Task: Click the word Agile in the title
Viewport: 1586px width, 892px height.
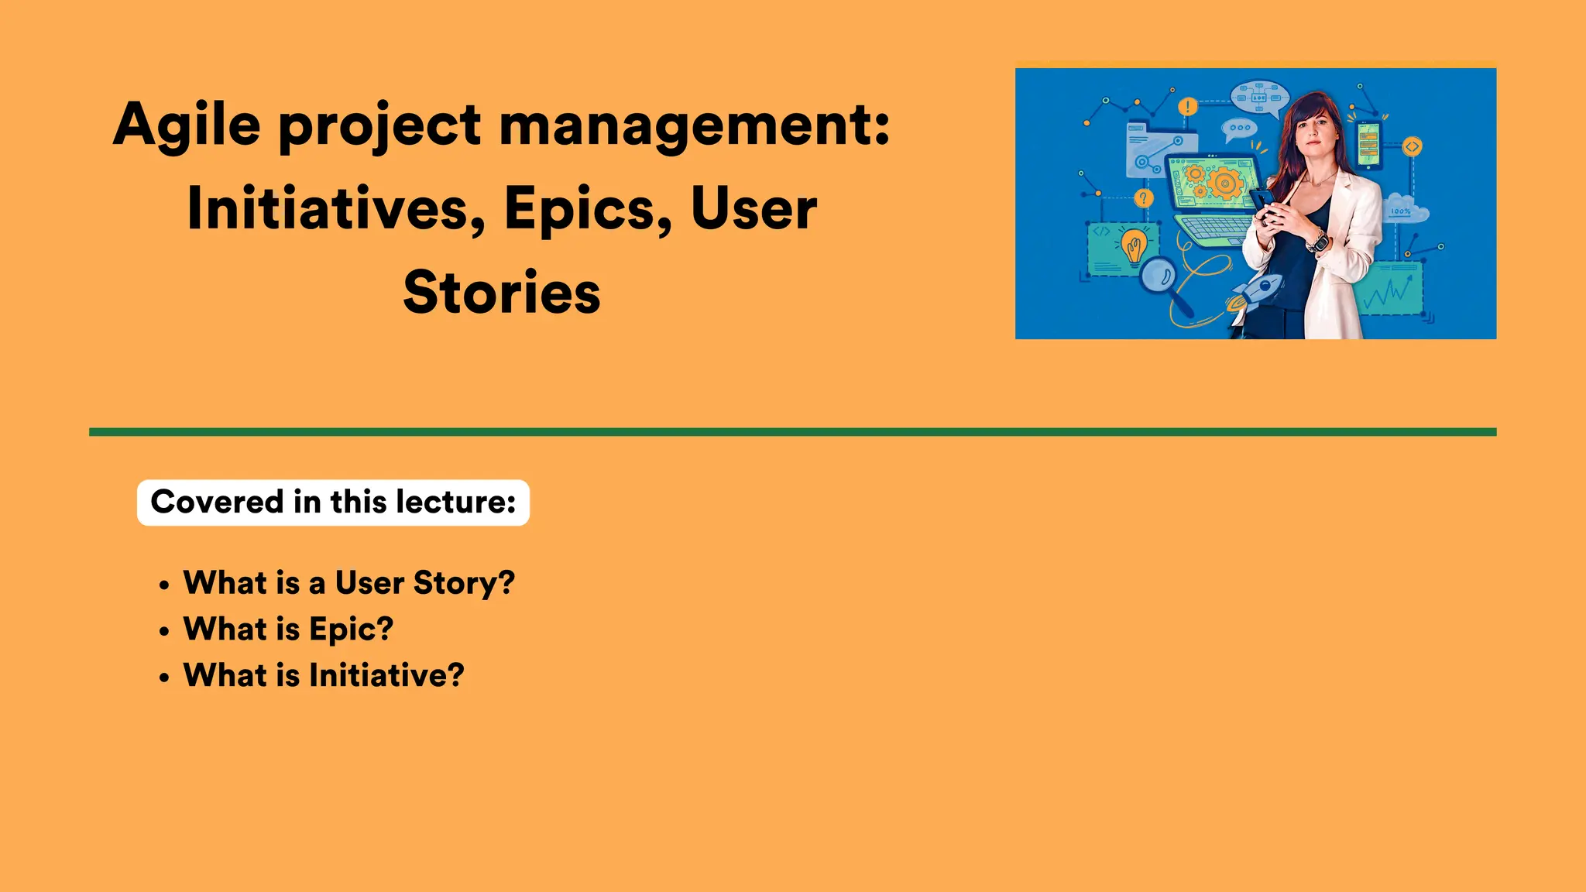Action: click(187, 126)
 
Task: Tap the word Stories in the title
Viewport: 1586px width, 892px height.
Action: click(502, 293)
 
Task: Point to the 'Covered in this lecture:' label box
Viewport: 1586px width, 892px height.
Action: click(333, 503)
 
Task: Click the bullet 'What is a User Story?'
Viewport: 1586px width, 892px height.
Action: click(348, 582)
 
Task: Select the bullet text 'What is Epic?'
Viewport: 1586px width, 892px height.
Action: click(288, 629)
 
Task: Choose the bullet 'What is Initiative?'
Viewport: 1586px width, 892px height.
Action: click(324, 675)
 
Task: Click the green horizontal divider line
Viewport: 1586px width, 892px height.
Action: click(792, 432)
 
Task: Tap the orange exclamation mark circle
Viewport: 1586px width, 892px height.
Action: click(1187, 107)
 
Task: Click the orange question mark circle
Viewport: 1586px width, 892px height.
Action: click(1143, 199)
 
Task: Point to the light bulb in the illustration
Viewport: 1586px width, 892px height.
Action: click(1135, 247)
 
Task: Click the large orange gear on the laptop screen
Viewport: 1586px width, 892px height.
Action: click(1224, 184)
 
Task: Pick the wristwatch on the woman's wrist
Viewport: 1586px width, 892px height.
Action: click(1318, 242)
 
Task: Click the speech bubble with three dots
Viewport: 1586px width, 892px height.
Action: click(1239, 129)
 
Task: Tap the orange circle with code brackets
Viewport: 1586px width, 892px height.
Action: click(1412, 146)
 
